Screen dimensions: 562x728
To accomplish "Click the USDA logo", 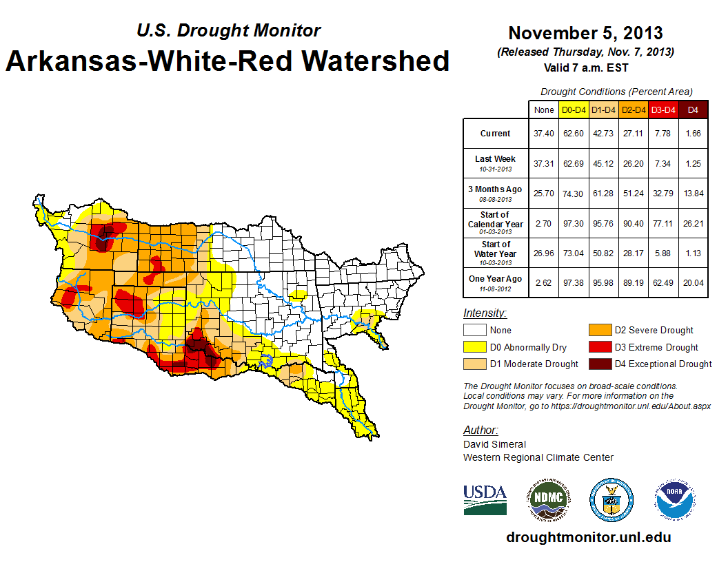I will pos(485,499).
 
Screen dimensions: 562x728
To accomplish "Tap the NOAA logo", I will pos(675,499).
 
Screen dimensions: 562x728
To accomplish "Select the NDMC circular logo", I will pos(547,499).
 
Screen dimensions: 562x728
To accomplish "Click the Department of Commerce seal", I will pos(611,499).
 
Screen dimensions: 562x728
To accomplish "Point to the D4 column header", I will pos(694,110).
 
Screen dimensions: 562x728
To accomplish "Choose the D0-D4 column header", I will pos(574,110).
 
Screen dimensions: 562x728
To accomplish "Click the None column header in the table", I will pos(543,110).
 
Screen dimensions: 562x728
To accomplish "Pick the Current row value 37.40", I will pos(543,134).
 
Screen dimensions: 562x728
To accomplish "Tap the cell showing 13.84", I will pos(694,194).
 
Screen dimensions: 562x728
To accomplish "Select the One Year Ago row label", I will pos(496,279).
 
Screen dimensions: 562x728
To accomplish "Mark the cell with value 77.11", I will pos(664,224).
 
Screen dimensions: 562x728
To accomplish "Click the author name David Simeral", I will pos(494,444).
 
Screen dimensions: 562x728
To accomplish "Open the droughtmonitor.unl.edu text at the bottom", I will pos(588,537).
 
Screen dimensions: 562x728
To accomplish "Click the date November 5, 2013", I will pos(585,33).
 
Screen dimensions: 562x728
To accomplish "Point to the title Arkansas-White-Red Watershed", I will pos(228,61).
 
